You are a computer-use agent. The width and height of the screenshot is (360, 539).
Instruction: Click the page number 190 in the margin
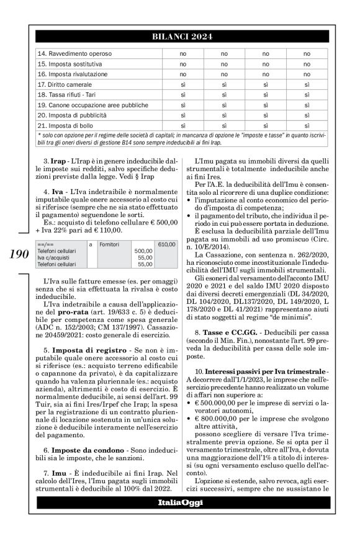click(x=18, y=253)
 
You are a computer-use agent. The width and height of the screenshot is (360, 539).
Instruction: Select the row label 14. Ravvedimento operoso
click(x=69, y=54)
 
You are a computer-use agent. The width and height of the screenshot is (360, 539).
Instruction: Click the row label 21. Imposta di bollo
click(x=65, y=125)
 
